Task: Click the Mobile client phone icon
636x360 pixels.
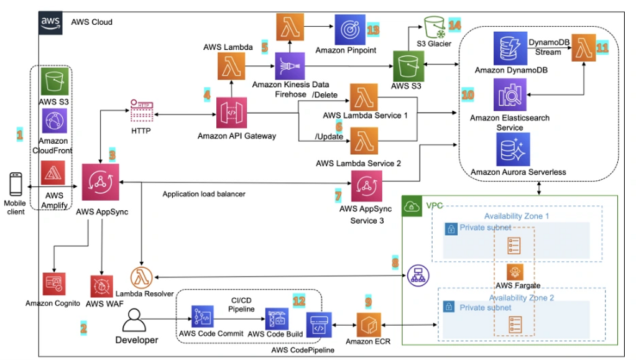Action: coord(16,185)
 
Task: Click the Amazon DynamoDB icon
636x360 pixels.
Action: coord(510,48)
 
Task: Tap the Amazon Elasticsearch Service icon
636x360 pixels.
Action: coord(510,95)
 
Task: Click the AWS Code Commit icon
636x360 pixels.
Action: coord(203,318)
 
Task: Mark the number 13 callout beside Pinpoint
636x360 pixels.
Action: coord(373,30)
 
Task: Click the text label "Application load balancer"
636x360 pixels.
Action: coord(203,195)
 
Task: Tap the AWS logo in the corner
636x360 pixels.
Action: coord(50,22)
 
